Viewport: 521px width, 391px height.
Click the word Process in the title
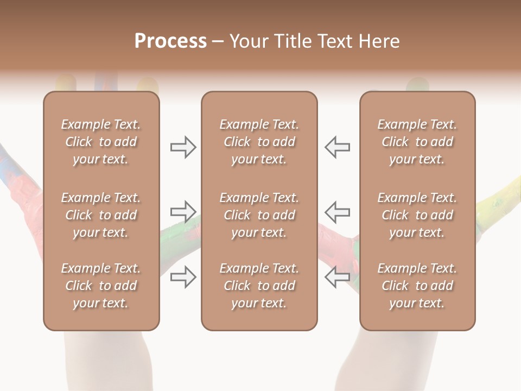tap(170, 41)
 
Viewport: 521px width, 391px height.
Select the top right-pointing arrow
tap(183, 147)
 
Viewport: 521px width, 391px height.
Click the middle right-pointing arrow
tap(183, 211)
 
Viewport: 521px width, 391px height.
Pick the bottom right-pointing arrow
tap(183, 276)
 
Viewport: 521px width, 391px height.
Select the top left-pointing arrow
tap(338, 147)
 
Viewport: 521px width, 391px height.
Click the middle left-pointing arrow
tap(338, 211)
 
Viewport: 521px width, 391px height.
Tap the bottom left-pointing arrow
tap(338, 276)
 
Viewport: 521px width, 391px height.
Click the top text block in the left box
tap(101, 142)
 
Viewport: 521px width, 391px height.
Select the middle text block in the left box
tap(101, 215)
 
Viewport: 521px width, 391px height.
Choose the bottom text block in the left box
tap(101, 286)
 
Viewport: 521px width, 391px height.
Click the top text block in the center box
tap(259, 142)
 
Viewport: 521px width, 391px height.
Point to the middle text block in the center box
tap(259, 215)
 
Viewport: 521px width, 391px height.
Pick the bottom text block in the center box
tap(259, 286)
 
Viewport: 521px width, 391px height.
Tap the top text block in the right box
tap(417, 142)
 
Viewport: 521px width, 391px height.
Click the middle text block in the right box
tap(417, 215)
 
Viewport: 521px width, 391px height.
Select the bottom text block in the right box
tap(417, 286)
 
